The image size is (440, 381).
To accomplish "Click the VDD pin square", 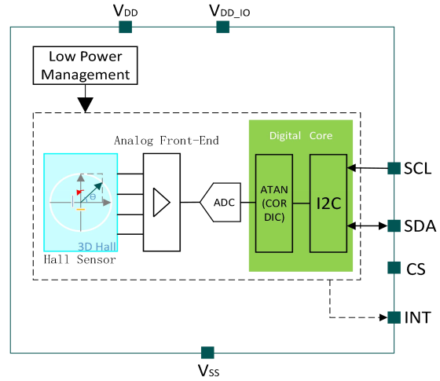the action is pos(126,27).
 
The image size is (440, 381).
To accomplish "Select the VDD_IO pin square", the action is pos(223,27).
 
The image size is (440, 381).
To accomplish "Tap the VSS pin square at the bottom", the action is pos(207,353).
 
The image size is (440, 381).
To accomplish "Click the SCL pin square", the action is pos(394,168).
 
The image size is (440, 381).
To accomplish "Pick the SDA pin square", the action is pos(394,226).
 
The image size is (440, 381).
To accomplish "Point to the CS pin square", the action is pos(394,268).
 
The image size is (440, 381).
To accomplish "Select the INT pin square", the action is pos(394,317).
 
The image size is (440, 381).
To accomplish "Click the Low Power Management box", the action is pos(86,65).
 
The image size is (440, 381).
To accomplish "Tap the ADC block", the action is pos(220,203).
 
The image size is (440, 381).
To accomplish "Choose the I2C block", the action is pos(328,203).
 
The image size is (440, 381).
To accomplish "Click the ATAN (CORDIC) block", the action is pos(274,203).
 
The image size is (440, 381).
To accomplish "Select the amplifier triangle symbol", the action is pos(161,203).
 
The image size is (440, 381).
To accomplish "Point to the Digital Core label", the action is pos(301,135).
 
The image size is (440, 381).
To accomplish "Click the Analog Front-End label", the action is pos(167,141).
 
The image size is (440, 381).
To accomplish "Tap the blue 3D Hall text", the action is pos(97,247).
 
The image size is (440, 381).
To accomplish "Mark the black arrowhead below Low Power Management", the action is pos(86,104).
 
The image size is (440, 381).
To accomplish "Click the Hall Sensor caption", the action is pos(79,259).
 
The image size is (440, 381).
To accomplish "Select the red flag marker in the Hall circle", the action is pos(79,192).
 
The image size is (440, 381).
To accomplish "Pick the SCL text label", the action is pos(417,169).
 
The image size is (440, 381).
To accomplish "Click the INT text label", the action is pos(417,317).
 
